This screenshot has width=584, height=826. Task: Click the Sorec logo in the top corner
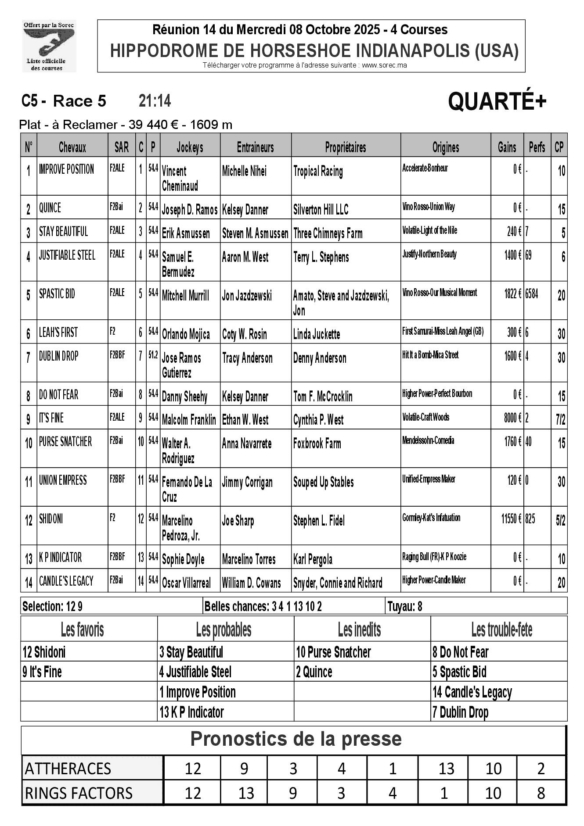point(49,46)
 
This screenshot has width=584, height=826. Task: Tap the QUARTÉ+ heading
point(497,102)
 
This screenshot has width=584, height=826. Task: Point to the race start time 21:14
point(155,101)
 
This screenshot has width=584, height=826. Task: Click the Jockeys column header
point(190,147)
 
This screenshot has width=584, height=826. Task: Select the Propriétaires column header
point(346,147)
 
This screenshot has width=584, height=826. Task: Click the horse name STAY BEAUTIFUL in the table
point(64,232)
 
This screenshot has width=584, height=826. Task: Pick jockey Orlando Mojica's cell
point(186,334)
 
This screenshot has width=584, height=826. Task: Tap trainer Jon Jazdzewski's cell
point(247,296)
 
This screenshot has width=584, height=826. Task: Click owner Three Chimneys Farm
point(328,233)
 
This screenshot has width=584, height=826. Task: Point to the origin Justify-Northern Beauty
point(429,254)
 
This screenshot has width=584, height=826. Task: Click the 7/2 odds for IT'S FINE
point(560,420)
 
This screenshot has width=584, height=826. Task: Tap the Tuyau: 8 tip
point(404,607)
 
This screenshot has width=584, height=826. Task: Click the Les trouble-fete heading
point(501,630)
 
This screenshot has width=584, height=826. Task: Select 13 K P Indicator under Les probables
point(191,712)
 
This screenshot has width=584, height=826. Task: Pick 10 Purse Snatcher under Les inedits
point(333,652)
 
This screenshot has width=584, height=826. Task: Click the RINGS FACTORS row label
point(79,793)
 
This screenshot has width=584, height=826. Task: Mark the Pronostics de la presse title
point(296,739)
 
